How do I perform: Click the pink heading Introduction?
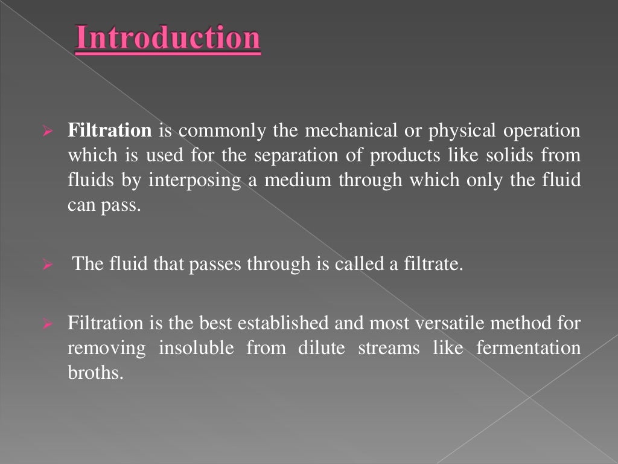(x=168, y=39)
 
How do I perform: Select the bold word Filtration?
(x=109, y=131)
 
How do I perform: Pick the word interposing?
(x=205, y=181)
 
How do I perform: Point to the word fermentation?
(x=528, y=349)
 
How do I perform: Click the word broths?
(x=94, y=373)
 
